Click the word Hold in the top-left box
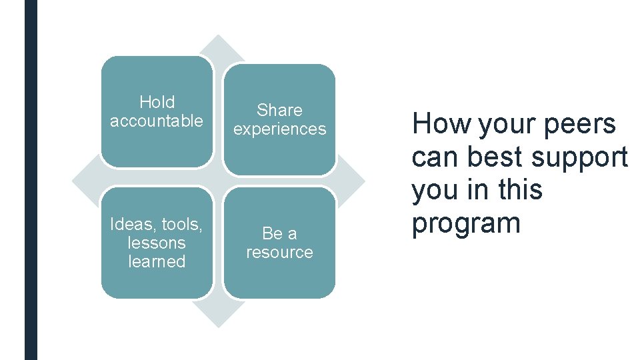[157, 102]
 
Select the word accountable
[157, 121]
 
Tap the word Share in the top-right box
[279, 110]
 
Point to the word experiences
[279, 129]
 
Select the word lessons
[157, 243]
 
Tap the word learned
[157, 261]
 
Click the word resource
[279, 252]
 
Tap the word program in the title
[466, 223]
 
